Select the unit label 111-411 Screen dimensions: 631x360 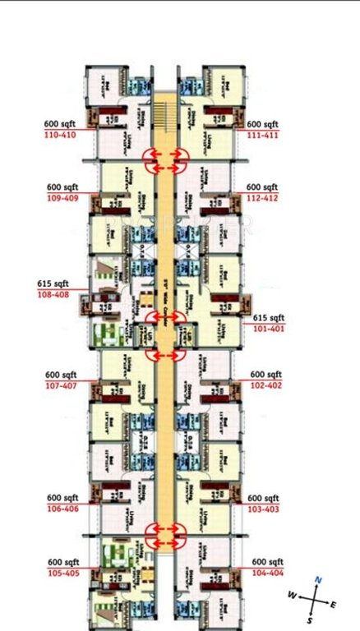point(264,135)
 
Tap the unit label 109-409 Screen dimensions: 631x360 point(62,198)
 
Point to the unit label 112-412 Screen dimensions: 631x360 point(264,198)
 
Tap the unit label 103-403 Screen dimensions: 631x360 point(264,509)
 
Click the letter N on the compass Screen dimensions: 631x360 point(320,581)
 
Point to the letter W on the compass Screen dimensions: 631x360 point(291,593)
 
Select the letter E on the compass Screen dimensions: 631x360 point(334,605)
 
